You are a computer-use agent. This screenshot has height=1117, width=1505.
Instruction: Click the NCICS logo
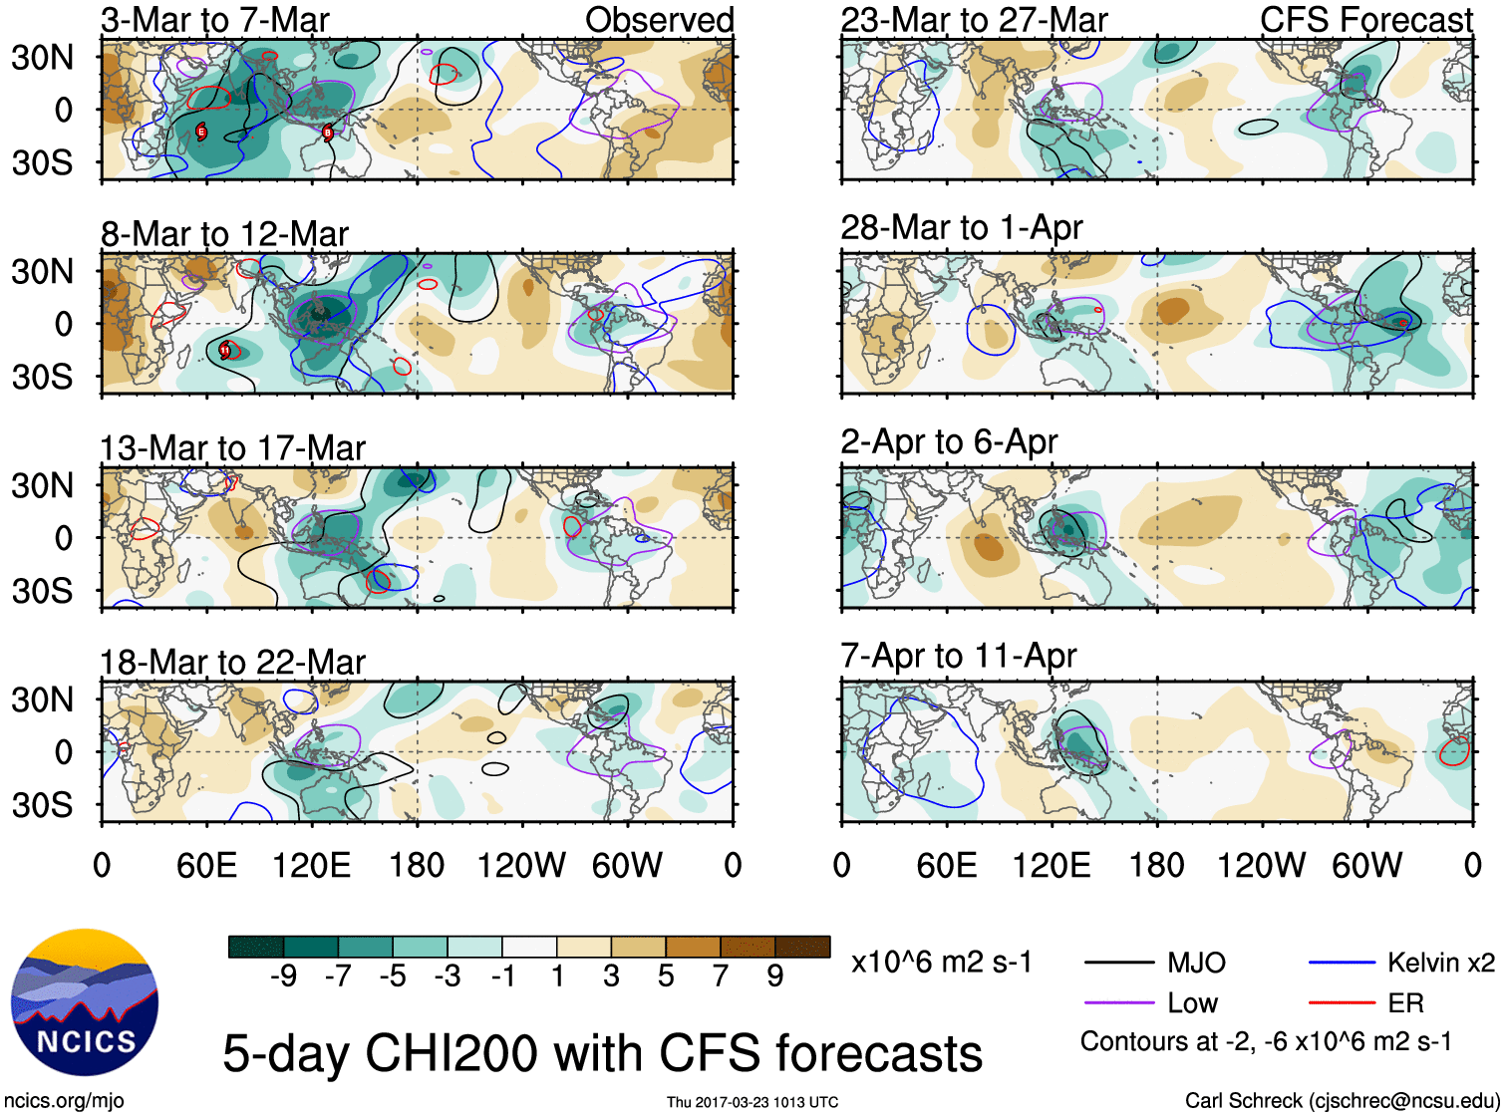click(x=84, y=1002)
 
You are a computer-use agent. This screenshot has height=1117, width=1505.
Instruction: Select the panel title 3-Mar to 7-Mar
click(x=214, y=20)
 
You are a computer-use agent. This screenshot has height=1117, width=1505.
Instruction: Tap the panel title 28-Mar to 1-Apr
click(x=961, y=228)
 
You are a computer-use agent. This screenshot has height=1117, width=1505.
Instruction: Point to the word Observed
click(x=659, y=20)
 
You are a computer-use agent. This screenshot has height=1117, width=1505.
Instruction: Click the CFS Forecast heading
click(x=1365, y=20)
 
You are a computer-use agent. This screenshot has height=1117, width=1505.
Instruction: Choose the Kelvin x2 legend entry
click(x=1440, y=963)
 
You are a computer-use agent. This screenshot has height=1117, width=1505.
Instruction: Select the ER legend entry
click(x=1405, y=1003)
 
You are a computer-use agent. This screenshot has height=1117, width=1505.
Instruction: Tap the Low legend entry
click(x=1192, y=1003)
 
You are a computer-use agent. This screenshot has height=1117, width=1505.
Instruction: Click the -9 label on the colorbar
click(x=283, y=977)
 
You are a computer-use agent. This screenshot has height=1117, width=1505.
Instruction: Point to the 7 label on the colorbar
click(x=721, y=977)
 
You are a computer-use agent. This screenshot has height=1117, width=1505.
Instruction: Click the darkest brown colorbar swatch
click(x=802, y=947)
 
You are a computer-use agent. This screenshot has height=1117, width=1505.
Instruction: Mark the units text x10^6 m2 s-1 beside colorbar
click(x=941, y=963)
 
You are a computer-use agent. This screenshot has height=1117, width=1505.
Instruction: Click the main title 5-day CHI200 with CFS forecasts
click(x=602, y=1053)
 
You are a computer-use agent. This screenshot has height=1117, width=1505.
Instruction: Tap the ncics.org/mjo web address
click(x=64, y=1101)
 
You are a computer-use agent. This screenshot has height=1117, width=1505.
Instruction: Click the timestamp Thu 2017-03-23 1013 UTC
click(x=752, y=1102)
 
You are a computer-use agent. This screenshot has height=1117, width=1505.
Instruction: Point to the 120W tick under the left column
click(x=521, y=865)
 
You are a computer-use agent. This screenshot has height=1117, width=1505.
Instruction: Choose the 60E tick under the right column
click(x=946, y=865)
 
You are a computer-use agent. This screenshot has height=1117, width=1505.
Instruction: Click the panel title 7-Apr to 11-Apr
click(x=958, y=657)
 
